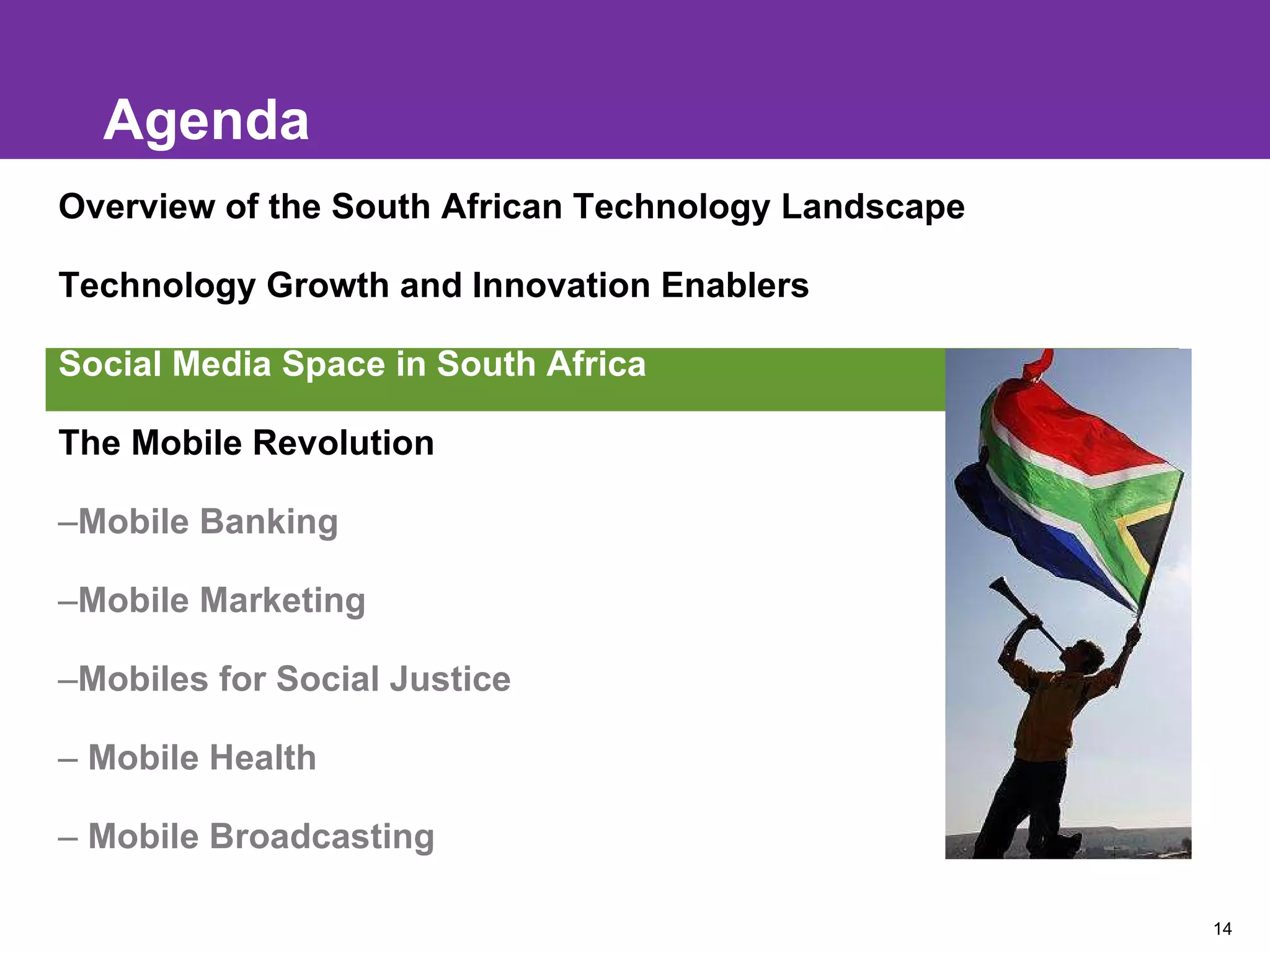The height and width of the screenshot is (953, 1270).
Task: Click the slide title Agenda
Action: [206, 120]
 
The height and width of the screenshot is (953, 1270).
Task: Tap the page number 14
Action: [1222, 929]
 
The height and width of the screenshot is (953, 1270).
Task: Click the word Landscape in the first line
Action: [873, 207]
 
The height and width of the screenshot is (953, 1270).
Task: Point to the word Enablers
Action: [735, 285]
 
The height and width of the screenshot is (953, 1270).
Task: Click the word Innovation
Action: [561, 285]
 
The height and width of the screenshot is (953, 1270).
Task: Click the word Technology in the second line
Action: [157, 285]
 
